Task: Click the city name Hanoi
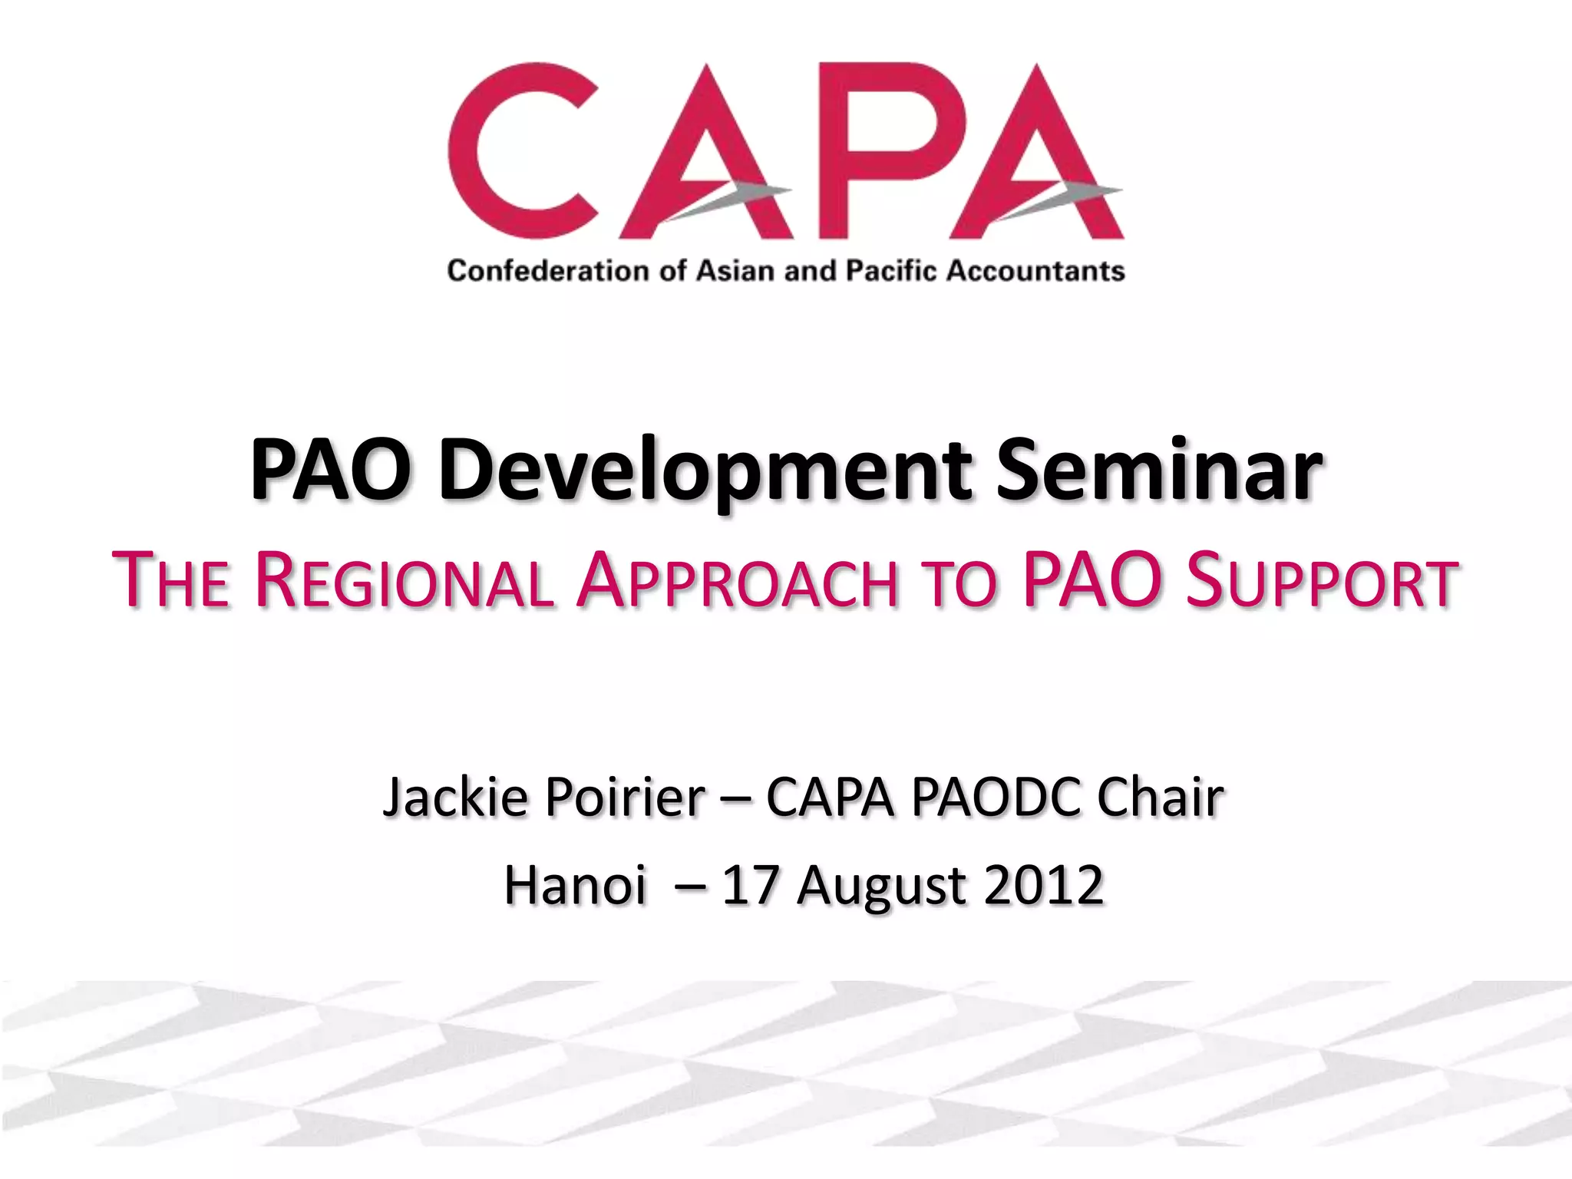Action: (575, 885)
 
